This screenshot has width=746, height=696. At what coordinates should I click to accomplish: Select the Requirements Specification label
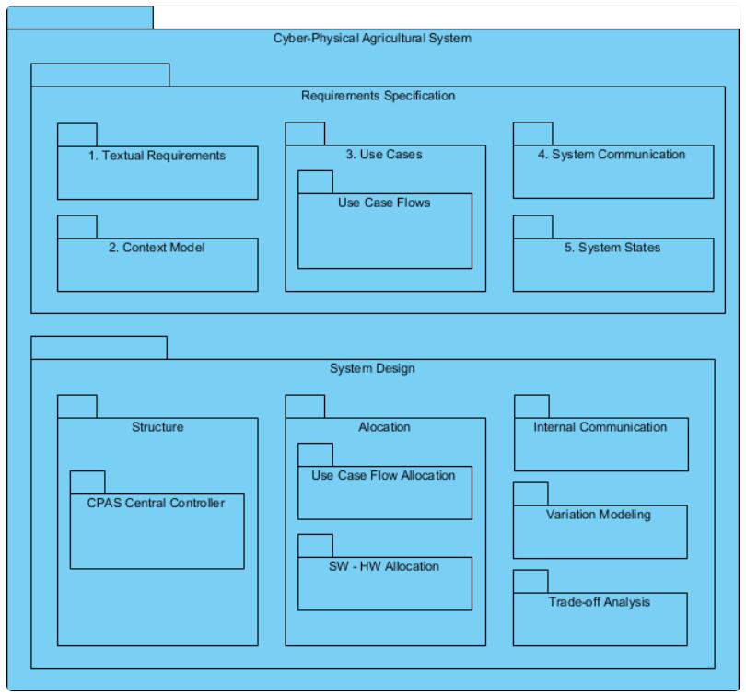coord(378,95)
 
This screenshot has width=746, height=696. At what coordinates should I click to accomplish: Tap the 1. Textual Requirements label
coord(157,156)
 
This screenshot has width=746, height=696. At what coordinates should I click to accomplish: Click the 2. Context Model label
coord(157,248)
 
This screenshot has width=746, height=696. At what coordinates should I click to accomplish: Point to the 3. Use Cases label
coord(384,155)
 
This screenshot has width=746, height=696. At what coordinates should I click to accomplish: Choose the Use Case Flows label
coord(384,203)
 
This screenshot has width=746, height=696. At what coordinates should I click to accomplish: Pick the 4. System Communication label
coord(612,155)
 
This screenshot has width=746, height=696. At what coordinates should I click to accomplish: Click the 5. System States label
coord(612,248)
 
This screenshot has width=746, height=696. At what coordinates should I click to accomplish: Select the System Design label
coord(372,368)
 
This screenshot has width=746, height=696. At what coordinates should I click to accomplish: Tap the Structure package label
coord(157,427)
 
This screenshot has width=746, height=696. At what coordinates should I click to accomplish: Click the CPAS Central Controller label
coord(157,502)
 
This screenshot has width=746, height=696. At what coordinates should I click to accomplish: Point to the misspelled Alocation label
coord(384,427)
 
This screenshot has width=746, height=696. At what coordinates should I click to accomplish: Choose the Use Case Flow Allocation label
coord(384,475)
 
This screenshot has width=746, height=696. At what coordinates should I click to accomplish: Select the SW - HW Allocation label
coord(384,565)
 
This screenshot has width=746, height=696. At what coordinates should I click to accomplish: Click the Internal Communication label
coord(600,427)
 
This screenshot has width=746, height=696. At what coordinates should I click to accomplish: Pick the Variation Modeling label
coord(600,515)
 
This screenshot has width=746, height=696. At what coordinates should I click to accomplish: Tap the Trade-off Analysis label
coord(600,602)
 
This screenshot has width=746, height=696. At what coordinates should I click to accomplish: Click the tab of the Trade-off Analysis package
coord(530,580)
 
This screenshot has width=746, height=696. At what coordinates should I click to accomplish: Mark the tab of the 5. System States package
coord(532,226)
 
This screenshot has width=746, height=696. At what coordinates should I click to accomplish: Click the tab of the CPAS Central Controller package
coord(87,481)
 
